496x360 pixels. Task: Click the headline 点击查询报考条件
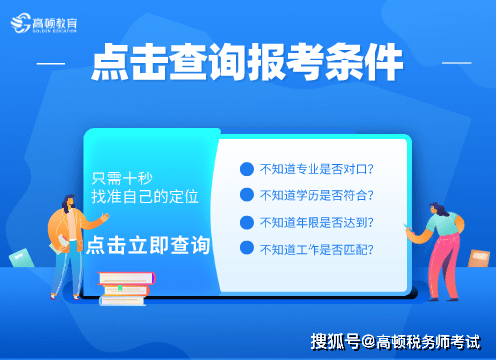click(x=247, y=64)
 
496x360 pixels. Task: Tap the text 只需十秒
click(x=123, y=179)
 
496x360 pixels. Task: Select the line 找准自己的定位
click(x=146, y=197)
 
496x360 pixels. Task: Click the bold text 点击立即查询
click(x=149, y=244)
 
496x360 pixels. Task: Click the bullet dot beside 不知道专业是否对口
click(x=247, y=170)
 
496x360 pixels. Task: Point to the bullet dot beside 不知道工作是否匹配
click(x=247, y=248)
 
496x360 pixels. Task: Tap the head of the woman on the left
click(x=72, y=204)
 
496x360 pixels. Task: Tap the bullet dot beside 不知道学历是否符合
click(x=247, y=195)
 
